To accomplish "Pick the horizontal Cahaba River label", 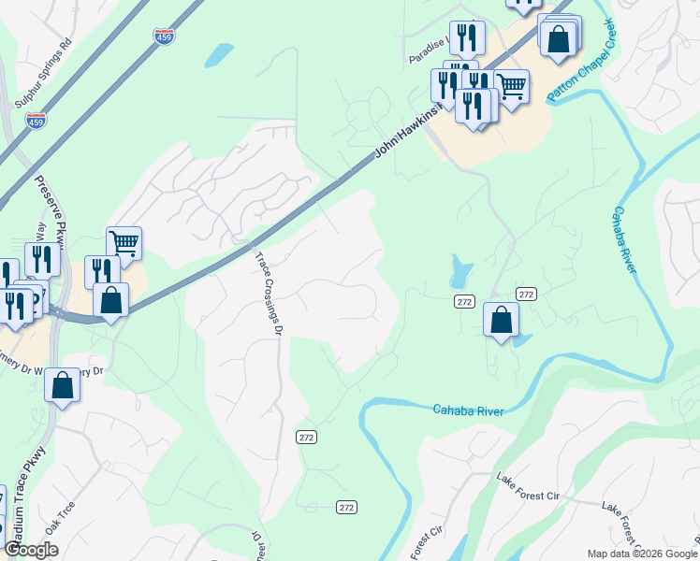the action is coord(468,410).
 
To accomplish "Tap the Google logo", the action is coord(31,550).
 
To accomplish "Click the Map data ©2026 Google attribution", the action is coord(641,554).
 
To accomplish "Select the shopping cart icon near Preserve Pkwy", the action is coord(124,243).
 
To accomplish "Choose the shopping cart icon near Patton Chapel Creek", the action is coord(511,87).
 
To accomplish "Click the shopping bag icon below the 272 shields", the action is coord(502,319).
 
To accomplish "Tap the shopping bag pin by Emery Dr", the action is coord(62,386).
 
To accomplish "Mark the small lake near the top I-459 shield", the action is coord(219,54).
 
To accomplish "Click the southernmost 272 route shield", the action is coord(346,507).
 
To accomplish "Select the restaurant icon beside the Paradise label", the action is coord(466,37).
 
